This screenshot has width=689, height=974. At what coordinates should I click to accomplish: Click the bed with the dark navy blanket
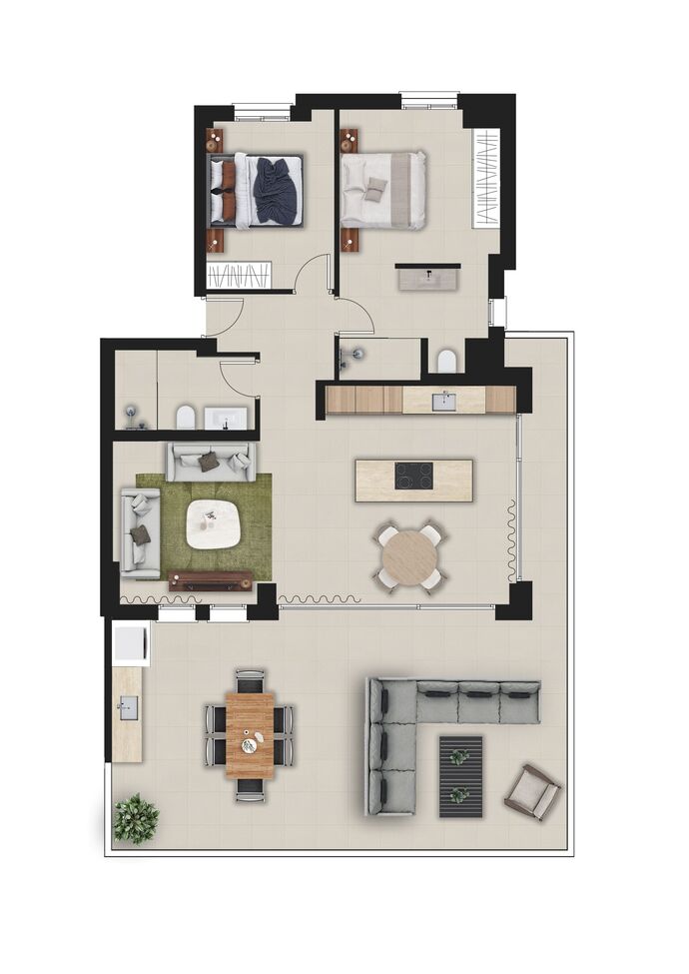pyautogui.click(x=258, y=190)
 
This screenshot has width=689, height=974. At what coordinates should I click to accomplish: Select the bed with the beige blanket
pyautogui.click(x=384, y=190)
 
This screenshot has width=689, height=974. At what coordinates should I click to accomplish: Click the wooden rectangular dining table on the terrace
pyautogui.click(x=250, y=735)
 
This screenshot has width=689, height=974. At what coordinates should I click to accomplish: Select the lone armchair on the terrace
pyautogui.click(x=531, y=792)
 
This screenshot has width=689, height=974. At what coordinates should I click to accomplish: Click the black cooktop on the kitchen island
pyautogui.click(x=414, y=477)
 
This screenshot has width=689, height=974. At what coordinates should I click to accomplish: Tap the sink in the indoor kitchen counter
pyautogui.click(x=443, y=402)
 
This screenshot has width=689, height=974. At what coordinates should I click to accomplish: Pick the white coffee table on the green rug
pyautogui.click(x=215, y=522)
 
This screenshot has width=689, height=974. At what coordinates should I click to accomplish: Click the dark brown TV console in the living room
pyautogui.click(x=210, y=580)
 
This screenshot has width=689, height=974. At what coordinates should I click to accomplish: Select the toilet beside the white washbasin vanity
pyautogui.click(x=184, y=417)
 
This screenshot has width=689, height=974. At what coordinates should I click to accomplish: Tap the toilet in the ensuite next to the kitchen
pyautogui.click(x=446, y=361)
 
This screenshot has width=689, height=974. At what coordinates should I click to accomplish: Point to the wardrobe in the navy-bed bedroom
pyautogui.click(x=239, y=275)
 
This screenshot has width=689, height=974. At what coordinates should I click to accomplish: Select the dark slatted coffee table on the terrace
pyautogui.click(x=459, y=776)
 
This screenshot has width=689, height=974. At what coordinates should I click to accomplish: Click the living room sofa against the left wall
pyautogui.click(x=140, y=532)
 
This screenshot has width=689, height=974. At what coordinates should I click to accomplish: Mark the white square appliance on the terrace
pyautogui.click(x=131, y=642)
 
